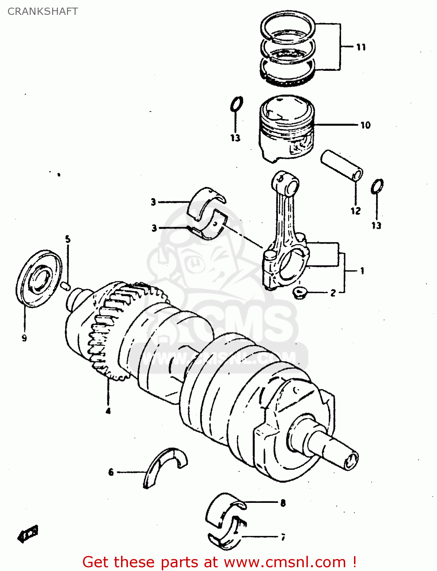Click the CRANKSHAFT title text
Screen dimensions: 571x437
(43, 11)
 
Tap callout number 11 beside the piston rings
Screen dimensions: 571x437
(361, 47)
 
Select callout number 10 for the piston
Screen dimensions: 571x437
(365, 125)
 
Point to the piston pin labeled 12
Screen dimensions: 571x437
(341, 165)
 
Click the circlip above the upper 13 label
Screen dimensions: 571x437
(236, 104)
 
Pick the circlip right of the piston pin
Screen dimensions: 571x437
(377, 186)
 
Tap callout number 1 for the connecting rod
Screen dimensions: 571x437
(362, 271)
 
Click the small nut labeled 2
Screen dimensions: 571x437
(300, 293)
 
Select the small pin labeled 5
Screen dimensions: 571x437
(65, 285)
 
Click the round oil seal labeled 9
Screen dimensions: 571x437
(38, 278)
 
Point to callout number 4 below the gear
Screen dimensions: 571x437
(108, 411)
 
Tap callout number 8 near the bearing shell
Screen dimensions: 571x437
(283, 503)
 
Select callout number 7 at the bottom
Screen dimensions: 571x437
(283, 537)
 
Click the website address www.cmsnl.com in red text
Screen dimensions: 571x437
(285, 562)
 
